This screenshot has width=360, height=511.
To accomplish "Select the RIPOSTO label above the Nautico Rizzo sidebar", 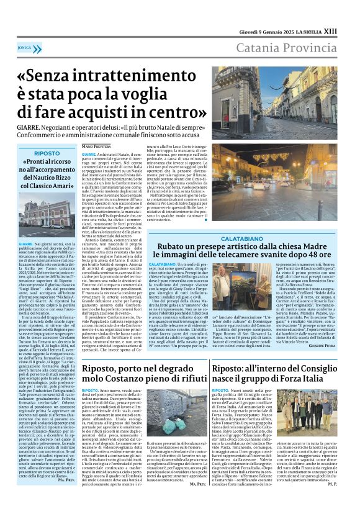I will pyautogui.click(x=47, y=153).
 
